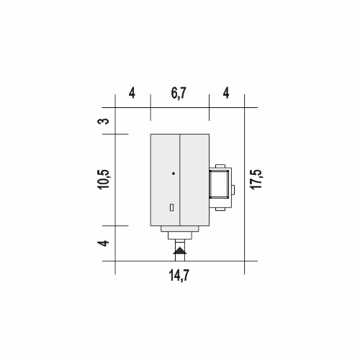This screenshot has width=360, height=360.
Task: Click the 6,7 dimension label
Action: (x=179, y=93)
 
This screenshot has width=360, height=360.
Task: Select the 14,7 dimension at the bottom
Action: (x=179, y=275)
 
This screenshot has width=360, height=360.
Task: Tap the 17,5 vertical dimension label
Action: (x=256, y=179)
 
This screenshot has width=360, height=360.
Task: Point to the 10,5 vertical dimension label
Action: (x=104, y=179)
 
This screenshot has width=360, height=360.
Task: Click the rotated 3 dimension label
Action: (x=103, y=121)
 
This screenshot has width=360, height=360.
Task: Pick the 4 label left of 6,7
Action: (x=132, y=93)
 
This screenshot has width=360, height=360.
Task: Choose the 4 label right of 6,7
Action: (x=226, y=93)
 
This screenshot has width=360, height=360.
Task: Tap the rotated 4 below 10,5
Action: (x=103, y=243)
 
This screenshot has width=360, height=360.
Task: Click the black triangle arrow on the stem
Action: (x=180, y=251)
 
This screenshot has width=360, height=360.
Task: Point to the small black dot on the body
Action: (x=174, y=174)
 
